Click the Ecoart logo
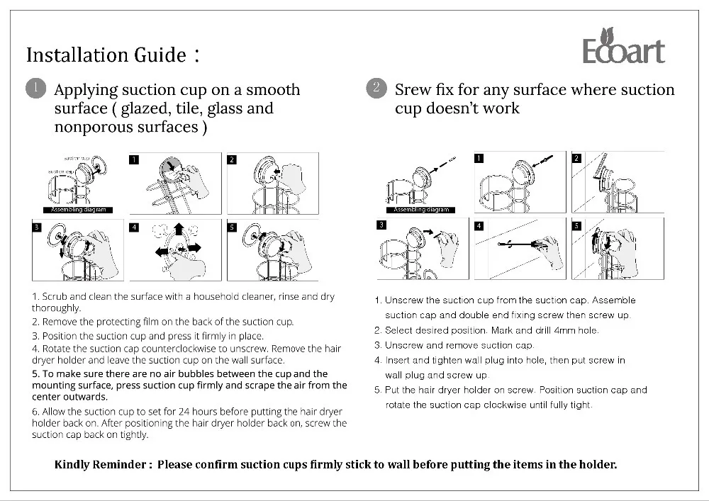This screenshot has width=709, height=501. (623, 47)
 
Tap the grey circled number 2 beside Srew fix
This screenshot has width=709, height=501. (376, 89)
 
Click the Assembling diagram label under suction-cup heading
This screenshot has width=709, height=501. (79, 210)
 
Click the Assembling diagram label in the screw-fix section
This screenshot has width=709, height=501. (422, 210)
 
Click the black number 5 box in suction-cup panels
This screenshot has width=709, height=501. (232, 227)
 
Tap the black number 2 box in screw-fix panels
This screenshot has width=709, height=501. (576, 158)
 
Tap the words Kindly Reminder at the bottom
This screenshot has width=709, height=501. (102, 465)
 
